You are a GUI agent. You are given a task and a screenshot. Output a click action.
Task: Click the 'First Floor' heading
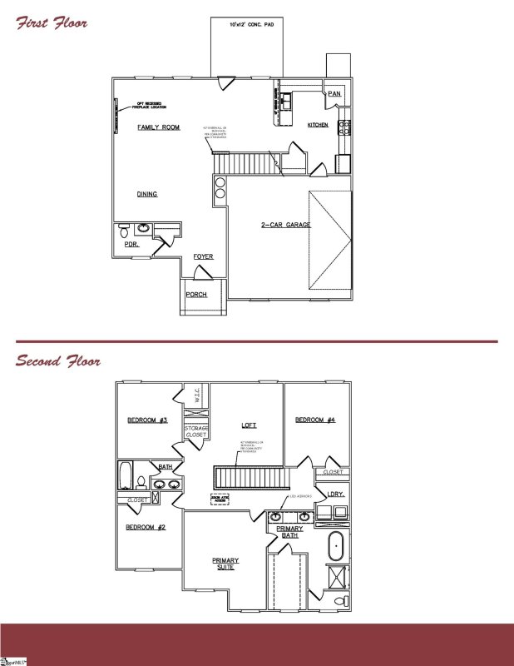tap(52, 22)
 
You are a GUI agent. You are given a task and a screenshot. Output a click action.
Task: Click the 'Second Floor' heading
tap(58, 361)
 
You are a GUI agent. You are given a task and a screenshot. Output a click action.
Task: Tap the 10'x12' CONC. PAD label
tap(251, 27)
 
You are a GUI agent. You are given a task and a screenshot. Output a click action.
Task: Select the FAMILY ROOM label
tap(159, 127)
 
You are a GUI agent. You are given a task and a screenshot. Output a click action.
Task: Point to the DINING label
tap(147, 194)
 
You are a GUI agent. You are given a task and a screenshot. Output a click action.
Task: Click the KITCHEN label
tap(319, 125)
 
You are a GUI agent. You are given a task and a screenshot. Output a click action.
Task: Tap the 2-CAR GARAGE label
tap(262, 226)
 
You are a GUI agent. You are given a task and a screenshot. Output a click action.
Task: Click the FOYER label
tap(204, 256)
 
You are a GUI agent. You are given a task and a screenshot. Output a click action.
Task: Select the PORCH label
tap(196, 295)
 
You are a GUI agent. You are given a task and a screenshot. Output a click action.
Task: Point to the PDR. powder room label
tap(131, 246)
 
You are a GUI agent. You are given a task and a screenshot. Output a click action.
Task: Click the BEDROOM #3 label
tap(148, 420)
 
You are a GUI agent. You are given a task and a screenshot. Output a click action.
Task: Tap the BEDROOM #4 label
tap(315, 420)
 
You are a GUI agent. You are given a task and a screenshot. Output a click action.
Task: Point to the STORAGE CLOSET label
tap(196, 431)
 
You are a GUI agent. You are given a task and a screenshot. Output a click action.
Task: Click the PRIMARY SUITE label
tap(225, 564)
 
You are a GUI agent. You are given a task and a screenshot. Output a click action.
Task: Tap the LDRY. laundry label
tap(336, 494)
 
